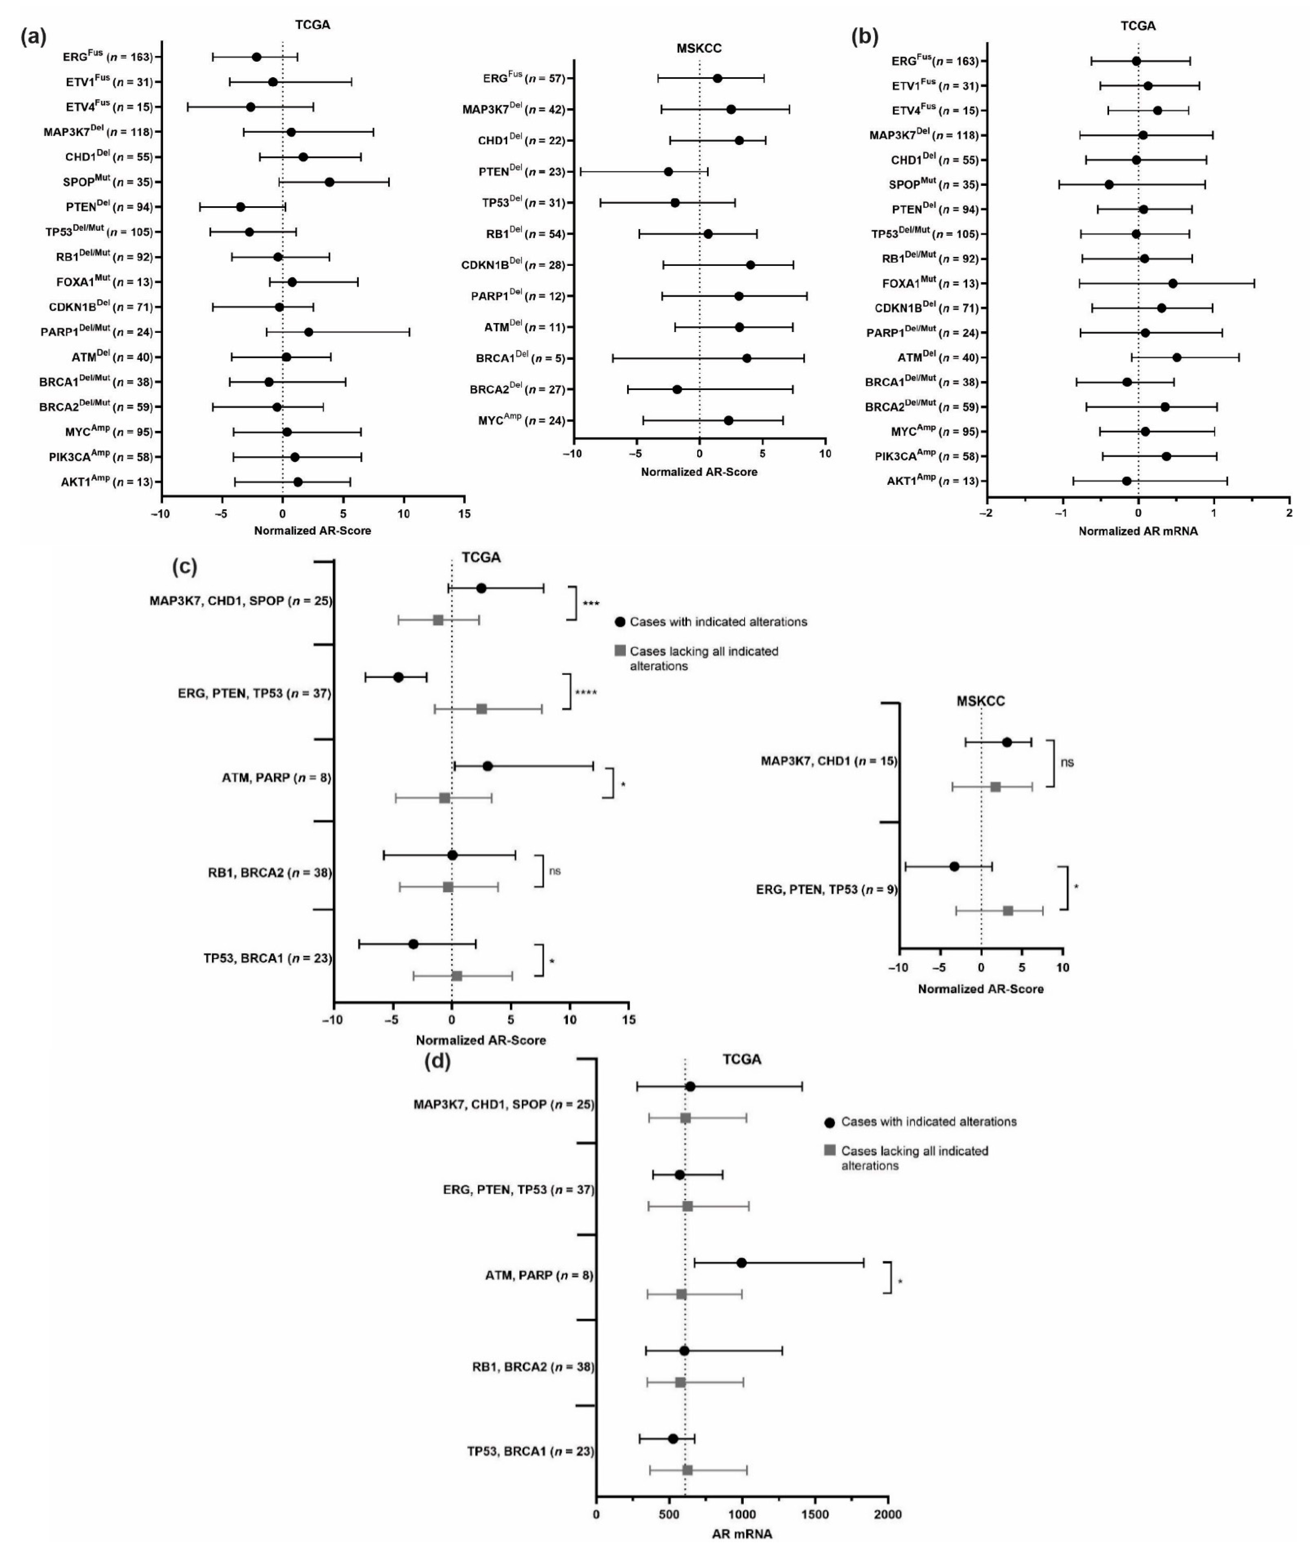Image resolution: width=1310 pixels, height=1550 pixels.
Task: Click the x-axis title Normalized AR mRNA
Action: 1138,531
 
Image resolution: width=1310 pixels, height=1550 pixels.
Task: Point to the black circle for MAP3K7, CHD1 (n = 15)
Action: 1007,742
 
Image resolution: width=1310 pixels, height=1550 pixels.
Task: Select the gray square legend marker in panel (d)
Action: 830,1150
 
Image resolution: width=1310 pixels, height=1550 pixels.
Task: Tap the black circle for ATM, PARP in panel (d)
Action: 741,1263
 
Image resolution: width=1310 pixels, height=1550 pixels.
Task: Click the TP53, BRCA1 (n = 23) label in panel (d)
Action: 530,1451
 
